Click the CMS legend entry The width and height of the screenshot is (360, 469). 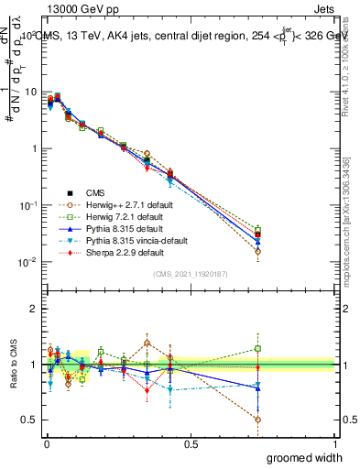click(96, 192)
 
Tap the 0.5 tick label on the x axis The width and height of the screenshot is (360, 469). click(191, 443)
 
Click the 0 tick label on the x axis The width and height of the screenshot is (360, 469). click(47, 443)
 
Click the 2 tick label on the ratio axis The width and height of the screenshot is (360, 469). click(34, 309)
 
